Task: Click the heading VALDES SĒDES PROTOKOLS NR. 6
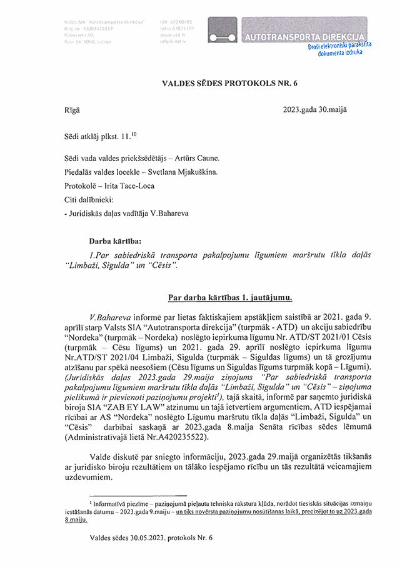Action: coord(201,81)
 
